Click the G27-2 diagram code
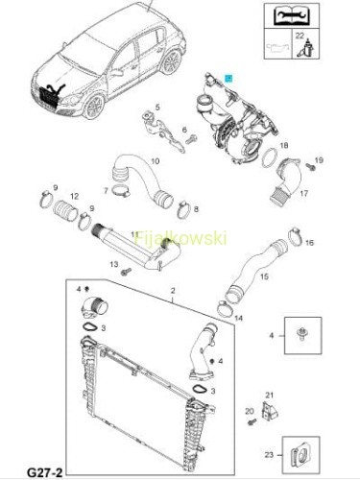[44, 471]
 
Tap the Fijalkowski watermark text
[180, 238]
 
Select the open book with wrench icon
[291, 15]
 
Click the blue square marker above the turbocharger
[228, 79]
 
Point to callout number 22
[300, 36]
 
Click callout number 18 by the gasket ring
[284, 146]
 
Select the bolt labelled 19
[310, 166]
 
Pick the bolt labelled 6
[191, 139]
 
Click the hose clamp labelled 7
[121, 191]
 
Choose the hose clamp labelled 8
[183, 209]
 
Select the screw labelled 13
[126, 272]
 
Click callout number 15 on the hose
[264, 276]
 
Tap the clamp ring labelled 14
[225, 309]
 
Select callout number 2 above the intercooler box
[173, 291]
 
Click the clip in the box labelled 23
[300, 455]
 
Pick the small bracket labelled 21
[270, 411]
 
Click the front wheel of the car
[94, 107]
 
